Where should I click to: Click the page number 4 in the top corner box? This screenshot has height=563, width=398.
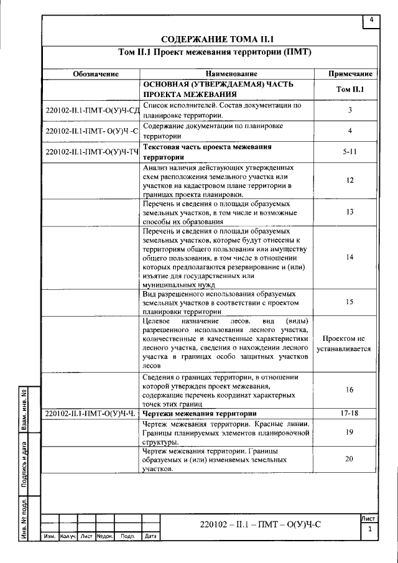pyautogui.click(x=371, y=21)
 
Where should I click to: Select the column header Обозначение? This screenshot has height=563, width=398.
pyautogui.click(x=95, y=74)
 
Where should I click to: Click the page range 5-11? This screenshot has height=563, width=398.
pyautogui.click(x=349, y=151)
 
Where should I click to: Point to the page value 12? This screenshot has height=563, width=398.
pyautogui.click(x=350, y=180)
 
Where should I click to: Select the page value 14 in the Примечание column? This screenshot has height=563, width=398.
pyautogui.click(x=350, y=257)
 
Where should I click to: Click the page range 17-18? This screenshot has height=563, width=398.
pyautogui.click(x=349, y=412)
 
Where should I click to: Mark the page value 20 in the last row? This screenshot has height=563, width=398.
pyautogui.click(x=349, y=458)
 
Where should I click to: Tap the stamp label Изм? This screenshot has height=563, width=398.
pyautogui.click(x=50, y=536)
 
